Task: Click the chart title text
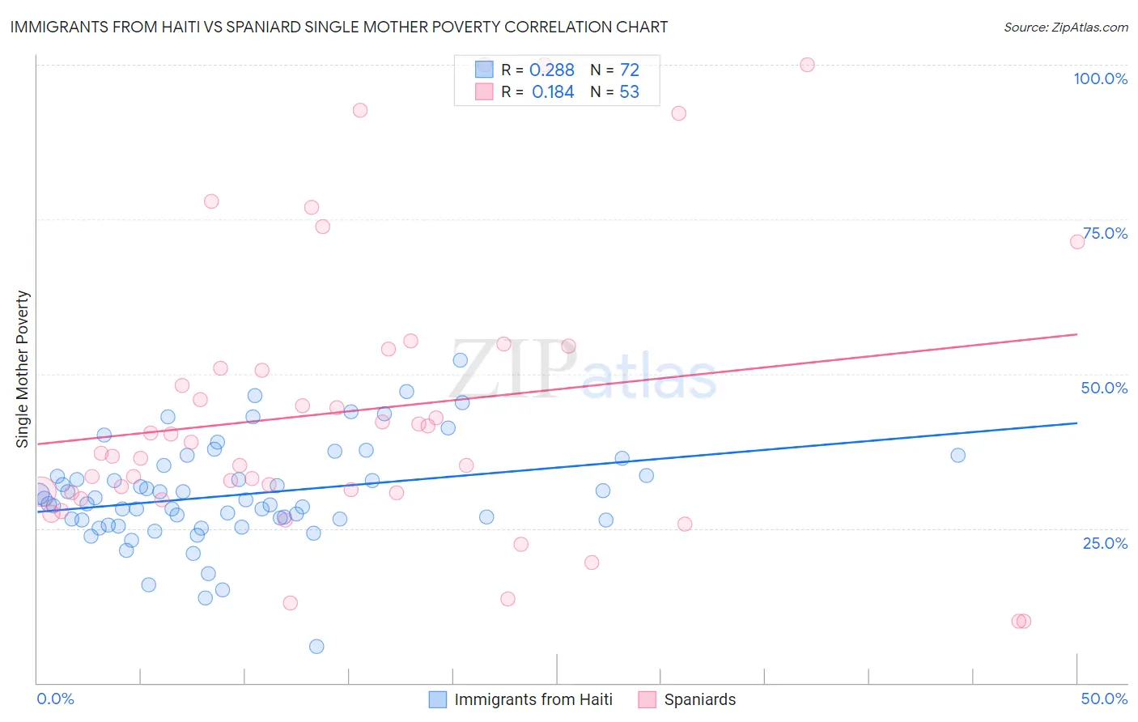point(339,27)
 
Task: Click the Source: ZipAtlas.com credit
point(1065,27)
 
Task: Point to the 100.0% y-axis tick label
point(1100,79)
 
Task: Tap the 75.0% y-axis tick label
point(1105,233)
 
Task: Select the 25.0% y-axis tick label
point(1105,542)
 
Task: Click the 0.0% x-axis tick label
point(55,699)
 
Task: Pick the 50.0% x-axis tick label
point(1104,699)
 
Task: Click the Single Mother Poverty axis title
point(23,369)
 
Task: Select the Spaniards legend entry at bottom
point(699,699)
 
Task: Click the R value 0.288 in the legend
point(552,70)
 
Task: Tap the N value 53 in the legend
point(629,92)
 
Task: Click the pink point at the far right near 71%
point(1077,242)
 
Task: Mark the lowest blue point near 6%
point(316,646)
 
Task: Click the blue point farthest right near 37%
point(958,455)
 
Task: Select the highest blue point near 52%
point(460,360)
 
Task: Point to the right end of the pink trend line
point(1077,334)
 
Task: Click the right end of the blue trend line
point(1077,423)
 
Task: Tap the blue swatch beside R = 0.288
point(484,70)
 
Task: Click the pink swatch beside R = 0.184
point(484,91)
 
